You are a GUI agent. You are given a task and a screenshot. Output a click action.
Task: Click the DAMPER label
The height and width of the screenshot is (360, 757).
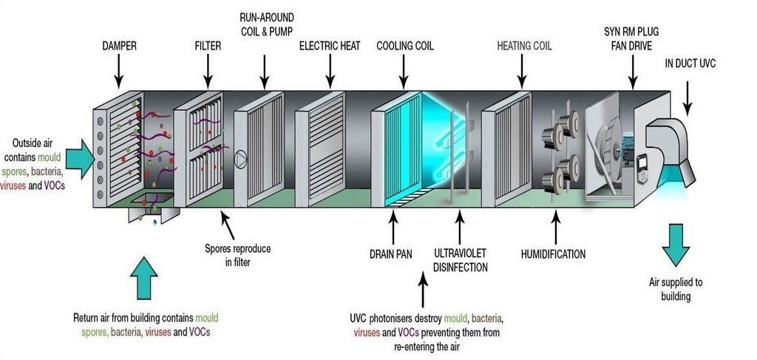[119, 47]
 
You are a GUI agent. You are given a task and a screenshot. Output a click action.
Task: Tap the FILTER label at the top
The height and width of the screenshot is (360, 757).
[208, 47]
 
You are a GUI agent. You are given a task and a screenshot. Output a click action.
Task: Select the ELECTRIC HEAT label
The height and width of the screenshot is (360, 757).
[330, 47]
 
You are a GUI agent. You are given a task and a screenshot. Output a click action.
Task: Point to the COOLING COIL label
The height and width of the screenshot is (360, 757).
[405, 47]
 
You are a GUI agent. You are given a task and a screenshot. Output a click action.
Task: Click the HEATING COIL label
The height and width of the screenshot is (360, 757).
[524, 47]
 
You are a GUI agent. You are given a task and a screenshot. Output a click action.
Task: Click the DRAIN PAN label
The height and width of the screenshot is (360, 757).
[390, 254]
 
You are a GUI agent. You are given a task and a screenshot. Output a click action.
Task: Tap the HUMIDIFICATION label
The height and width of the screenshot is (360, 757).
[553, 254]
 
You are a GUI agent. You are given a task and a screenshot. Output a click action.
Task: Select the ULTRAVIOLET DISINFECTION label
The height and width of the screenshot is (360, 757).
[460, 260]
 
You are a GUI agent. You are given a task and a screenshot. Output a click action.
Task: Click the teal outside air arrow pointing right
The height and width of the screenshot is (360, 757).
[80, 159]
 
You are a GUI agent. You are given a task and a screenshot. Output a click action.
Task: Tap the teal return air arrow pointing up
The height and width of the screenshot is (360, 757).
[144, 278]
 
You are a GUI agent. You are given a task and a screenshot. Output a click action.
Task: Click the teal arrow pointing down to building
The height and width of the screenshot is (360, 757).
[676, 244]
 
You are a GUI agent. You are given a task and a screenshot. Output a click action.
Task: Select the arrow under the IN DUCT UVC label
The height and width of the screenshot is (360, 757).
[688, 99]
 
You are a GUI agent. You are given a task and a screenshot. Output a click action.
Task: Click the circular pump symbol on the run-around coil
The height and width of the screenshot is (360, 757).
[241, 160]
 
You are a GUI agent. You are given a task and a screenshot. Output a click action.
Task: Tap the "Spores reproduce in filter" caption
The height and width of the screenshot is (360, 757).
[237, 255]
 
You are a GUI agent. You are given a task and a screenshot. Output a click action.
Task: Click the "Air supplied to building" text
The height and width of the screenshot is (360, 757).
[676, 289]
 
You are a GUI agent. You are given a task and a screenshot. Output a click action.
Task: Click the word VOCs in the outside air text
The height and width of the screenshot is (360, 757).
[53, 184]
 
